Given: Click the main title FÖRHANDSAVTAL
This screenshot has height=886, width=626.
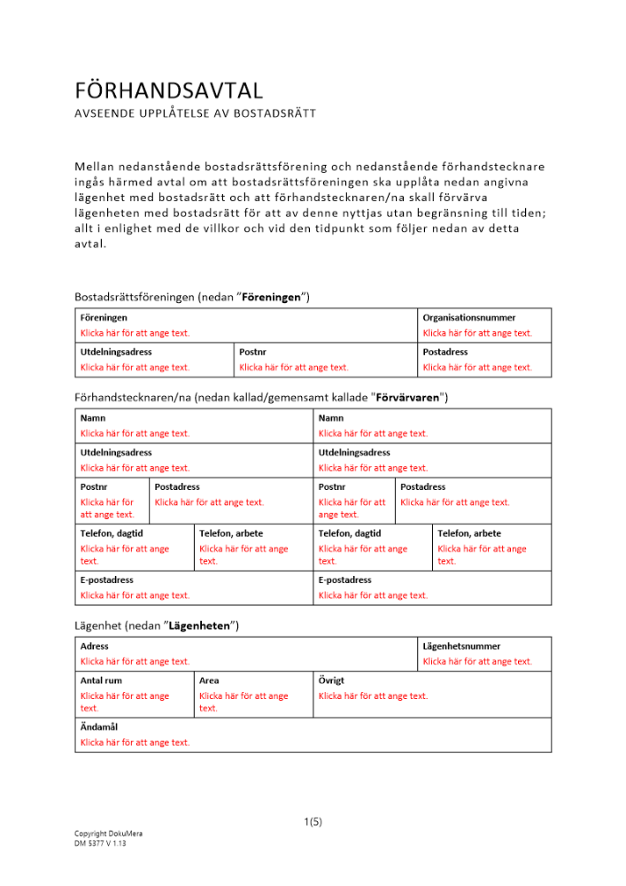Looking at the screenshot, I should point(169,90).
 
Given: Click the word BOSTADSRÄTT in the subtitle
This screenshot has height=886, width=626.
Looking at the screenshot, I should point(275,113).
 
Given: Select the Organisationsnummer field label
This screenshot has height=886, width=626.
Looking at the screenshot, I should point(468,317).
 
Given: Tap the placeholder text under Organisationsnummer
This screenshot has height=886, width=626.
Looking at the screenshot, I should point(477,333).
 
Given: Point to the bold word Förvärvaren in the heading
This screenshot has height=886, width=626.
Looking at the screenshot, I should point(407,398).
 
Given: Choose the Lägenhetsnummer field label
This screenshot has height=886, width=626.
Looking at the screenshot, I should point(461,647).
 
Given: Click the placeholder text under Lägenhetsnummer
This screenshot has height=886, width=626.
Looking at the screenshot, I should point(477,661).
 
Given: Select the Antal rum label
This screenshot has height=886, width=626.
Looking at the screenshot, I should point(102,680).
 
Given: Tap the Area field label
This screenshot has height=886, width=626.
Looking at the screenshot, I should point(209,680).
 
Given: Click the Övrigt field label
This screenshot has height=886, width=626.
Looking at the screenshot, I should point(331,680).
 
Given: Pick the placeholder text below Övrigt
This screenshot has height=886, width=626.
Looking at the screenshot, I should point(373,696).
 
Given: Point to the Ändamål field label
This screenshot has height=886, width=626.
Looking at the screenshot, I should point(99,727).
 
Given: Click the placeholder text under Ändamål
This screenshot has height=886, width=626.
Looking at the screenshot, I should point(135,742).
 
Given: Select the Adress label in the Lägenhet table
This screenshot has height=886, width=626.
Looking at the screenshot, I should point(95,647).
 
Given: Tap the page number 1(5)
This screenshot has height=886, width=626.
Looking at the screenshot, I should point(313,821).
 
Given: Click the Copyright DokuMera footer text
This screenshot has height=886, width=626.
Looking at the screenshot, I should point(108,834).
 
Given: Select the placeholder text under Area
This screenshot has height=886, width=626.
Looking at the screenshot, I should point(243,702).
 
